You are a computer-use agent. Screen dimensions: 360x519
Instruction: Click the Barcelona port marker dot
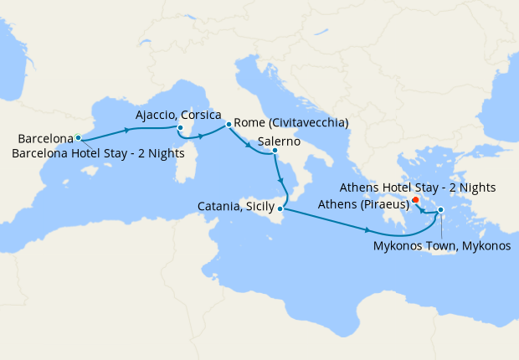click(78, 137)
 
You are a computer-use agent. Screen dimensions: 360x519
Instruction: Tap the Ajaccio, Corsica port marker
click(179, 128)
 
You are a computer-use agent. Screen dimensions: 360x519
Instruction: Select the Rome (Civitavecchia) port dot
click(229, 124)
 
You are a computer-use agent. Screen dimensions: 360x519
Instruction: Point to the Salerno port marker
click(275, 151)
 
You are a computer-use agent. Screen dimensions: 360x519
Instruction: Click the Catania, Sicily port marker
click(280, 208)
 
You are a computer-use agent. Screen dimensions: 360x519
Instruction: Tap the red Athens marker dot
click(416, 200)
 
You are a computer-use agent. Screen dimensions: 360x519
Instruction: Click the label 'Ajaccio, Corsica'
click(178, 114)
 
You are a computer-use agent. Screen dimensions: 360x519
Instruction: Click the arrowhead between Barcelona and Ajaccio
click(127, 130)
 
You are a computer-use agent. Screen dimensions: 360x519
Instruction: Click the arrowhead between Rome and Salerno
click(249, 145)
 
